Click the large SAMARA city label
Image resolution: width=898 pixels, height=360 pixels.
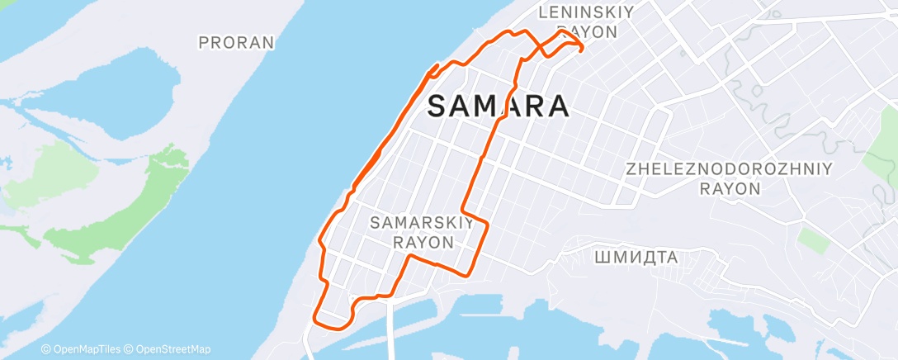point(499,107)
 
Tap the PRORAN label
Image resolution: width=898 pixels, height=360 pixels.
point(236,42)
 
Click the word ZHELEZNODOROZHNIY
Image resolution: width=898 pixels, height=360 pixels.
point(730,168)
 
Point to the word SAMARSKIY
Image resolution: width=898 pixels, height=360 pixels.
point(422,223)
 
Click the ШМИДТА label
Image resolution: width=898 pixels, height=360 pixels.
point(636,258)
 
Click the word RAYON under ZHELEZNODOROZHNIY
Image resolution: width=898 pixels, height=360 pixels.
point(730,188)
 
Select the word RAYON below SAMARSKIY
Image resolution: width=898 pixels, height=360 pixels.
point(423,243)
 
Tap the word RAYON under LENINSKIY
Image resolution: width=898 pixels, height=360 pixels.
point(587,32)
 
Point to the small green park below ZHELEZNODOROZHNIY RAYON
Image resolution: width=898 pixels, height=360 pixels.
point(814,240)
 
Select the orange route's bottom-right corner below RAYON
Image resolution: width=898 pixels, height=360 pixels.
point(467,275)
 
